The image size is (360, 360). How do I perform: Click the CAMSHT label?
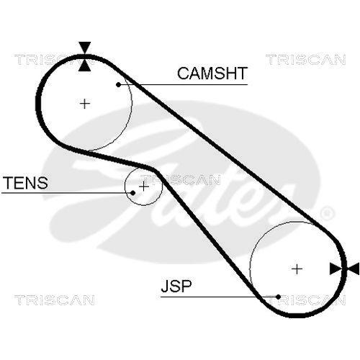pos(212,73)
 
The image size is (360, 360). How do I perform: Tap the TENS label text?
pos(25,183)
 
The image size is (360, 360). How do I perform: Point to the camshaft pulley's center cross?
pos(85,104)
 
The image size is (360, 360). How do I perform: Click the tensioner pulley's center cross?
pos(143,186)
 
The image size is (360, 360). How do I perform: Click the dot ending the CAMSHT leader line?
pos(118,84)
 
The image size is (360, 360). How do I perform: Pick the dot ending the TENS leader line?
pos(133,193)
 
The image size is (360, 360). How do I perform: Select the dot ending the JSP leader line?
pos(277,296)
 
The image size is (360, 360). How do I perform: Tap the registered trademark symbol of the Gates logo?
pos(326,213)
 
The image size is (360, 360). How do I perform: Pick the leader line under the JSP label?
pos(216,296)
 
